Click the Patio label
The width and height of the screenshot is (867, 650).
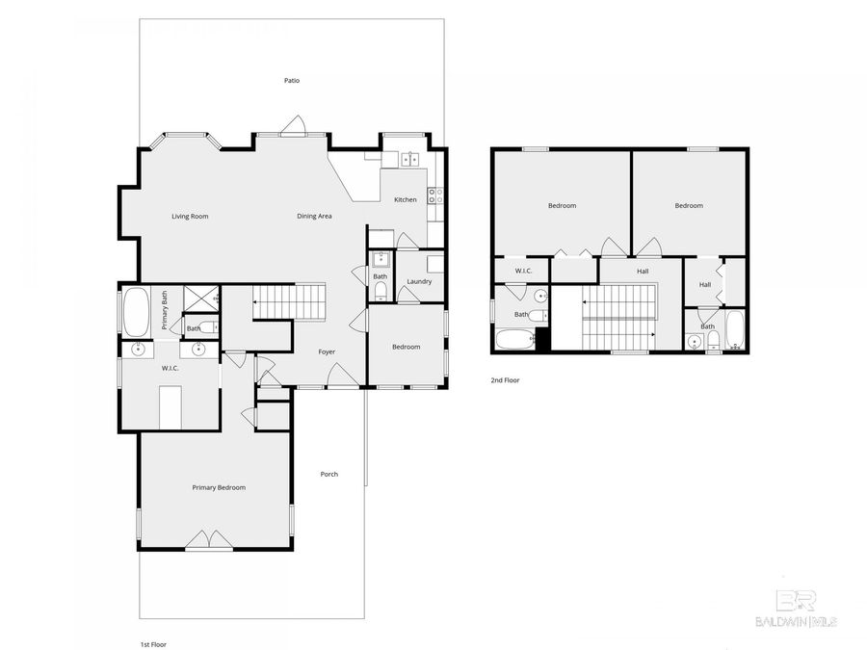pos(291,81)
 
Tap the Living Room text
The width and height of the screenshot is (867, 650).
pos(190,217)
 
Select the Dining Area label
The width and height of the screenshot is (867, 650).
pos(314,217)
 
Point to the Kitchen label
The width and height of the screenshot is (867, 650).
pos(406,200)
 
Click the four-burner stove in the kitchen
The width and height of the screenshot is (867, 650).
pos(434,195)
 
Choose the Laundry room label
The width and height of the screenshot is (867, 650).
pos(419,282)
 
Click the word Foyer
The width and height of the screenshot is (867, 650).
pos(328,352)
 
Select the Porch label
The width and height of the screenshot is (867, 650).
pos(328,474)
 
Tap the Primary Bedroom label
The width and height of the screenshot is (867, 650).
pos(218,488)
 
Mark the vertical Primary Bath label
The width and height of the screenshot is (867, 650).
pos(165,310)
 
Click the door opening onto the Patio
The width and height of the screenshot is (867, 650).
pos(295,127)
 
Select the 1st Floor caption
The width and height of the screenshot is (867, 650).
pos(153,644)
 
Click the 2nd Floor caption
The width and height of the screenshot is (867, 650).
pos(505,380)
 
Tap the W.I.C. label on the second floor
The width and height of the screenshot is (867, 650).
pos(523,271)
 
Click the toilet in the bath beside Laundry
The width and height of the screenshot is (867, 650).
pos(381,289)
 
